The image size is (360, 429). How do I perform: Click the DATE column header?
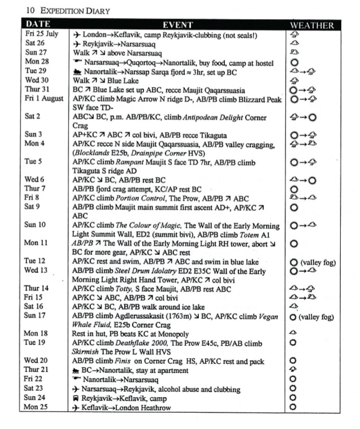38,24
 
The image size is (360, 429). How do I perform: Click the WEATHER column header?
311,25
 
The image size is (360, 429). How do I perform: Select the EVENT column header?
177,25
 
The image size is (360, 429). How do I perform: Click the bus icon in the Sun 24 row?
76,398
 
